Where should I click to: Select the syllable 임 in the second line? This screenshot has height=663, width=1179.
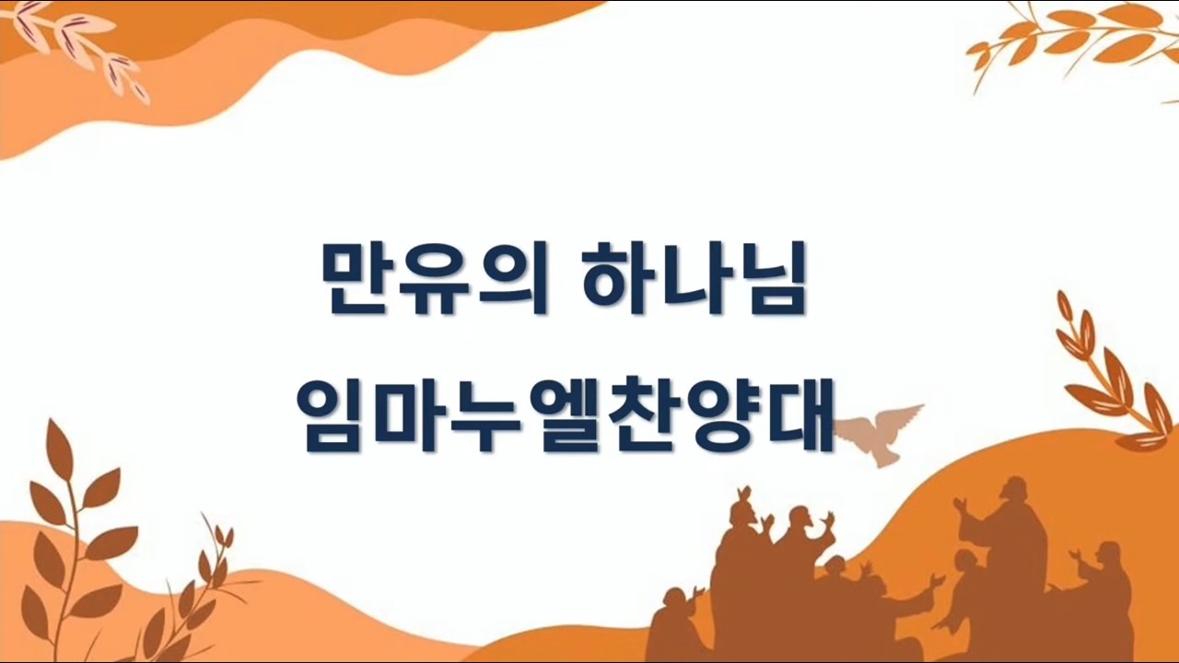coord(335,414)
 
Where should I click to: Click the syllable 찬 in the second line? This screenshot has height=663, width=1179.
coord(640,414)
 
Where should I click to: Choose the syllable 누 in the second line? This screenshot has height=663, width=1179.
coord(488,414)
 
